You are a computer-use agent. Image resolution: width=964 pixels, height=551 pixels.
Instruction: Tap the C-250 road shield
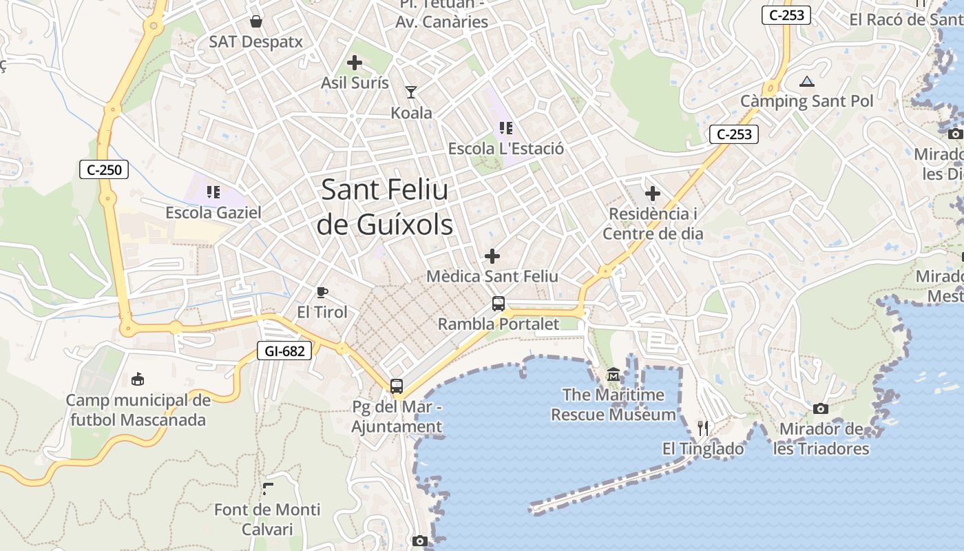coord(104,169)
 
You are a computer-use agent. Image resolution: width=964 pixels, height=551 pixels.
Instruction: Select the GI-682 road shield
coord(284,351)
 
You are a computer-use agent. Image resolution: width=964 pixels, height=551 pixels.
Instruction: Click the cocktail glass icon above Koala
coord(411,92)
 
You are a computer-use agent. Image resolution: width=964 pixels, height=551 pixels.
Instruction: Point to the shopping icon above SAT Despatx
coord(256,21)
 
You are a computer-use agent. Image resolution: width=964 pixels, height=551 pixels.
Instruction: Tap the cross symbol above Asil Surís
coord(355,63)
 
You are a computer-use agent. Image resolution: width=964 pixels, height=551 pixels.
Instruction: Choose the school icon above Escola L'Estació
coord(506,128)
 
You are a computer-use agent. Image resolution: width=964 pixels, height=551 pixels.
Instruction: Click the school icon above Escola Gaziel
coord(213,192)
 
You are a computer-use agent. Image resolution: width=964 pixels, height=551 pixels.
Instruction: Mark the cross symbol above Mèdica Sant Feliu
coord(492,256)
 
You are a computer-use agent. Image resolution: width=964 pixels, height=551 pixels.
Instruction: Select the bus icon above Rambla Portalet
coord(499,303)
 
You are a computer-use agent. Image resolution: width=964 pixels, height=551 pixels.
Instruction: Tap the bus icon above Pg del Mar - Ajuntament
coord(397,386)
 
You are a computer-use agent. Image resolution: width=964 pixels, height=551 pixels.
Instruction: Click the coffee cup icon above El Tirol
coord(322,292)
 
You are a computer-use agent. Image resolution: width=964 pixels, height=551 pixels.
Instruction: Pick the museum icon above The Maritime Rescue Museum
coord(614,375)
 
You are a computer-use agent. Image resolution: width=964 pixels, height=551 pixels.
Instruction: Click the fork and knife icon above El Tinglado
coord(703,428)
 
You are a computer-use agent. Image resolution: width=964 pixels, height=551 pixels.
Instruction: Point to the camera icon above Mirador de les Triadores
coord(821,409)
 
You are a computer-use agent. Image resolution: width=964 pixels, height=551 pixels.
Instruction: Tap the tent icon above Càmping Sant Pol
coord(807,81)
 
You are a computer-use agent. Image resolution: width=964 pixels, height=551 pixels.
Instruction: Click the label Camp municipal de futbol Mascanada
coord(138,410)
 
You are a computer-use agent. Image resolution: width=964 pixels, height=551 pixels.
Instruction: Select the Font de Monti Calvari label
coord(267,519)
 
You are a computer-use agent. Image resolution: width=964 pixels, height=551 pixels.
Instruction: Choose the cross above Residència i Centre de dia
coord(653,194)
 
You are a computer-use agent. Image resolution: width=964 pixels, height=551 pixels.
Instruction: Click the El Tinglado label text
coord(703,449)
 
